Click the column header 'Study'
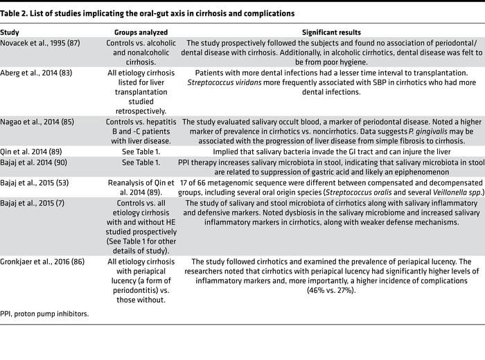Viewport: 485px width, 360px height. coord(10,33)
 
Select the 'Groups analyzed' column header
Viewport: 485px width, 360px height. coord(141,33)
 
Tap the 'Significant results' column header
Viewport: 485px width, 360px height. coord(331,33)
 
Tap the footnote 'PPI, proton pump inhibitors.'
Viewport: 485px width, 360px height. coord(44,313)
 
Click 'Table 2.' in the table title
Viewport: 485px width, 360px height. coord(15,13)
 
